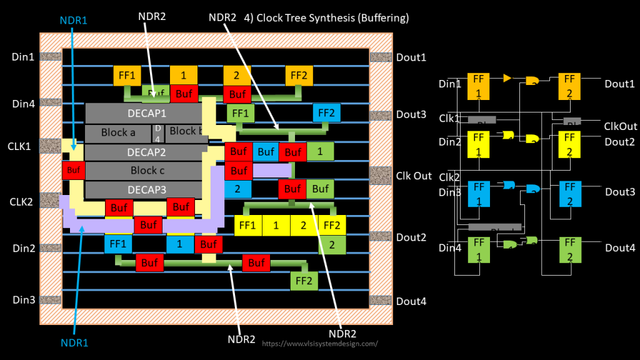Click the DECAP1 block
144,113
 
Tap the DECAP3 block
144,189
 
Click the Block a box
118,133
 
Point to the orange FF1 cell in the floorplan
127,75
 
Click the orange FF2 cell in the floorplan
299,75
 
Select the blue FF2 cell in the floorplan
326,114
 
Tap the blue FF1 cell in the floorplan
118,243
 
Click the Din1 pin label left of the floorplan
23,57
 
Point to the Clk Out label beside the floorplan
414,176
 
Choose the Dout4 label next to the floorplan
411,301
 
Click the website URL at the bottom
319,344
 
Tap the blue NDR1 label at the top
73,19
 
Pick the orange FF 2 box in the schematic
569,85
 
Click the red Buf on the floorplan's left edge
73,170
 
